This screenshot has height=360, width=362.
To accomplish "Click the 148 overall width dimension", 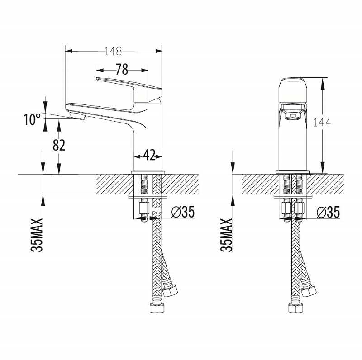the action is click(x=113, y=51).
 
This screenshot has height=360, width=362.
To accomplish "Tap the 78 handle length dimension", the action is click(x=122, y=69).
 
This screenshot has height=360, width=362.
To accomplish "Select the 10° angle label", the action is click(x=32, y=119).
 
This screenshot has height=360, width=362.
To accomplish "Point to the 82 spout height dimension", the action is click(x=59, y=145).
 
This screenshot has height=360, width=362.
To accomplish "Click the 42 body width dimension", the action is click(x=149, y=155).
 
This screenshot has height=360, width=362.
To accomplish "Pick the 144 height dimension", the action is click(x=322, y=122).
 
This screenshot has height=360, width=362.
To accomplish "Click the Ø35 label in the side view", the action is click(x=183, y=212).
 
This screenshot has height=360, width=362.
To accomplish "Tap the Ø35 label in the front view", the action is click(x=328, y=212).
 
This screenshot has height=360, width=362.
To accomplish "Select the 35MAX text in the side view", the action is click(x=37, y=235).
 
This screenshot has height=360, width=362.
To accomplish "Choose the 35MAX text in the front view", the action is click(x=227, y=235).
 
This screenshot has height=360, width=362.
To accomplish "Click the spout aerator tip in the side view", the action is click(x=76, y=116).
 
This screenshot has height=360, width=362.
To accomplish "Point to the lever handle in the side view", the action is click(x=129, y=90).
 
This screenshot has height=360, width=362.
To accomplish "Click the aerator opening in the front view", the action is click(x=293, y=117).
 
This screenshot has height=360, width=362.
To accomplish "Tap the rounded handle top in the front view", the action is click(x=293, y=90).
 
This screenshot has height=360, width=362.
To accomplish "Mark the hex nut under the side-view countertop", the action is click(x=143, y=208).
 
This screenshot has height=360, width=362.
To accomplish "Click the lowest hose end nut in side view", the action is click(x=157, y=308).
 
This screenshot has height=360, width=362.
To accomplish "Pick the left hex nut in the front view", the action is click(x=286, y=208).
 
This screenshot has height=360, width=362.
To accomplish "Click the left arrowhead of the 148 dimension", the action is click(x=69, y=51).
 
